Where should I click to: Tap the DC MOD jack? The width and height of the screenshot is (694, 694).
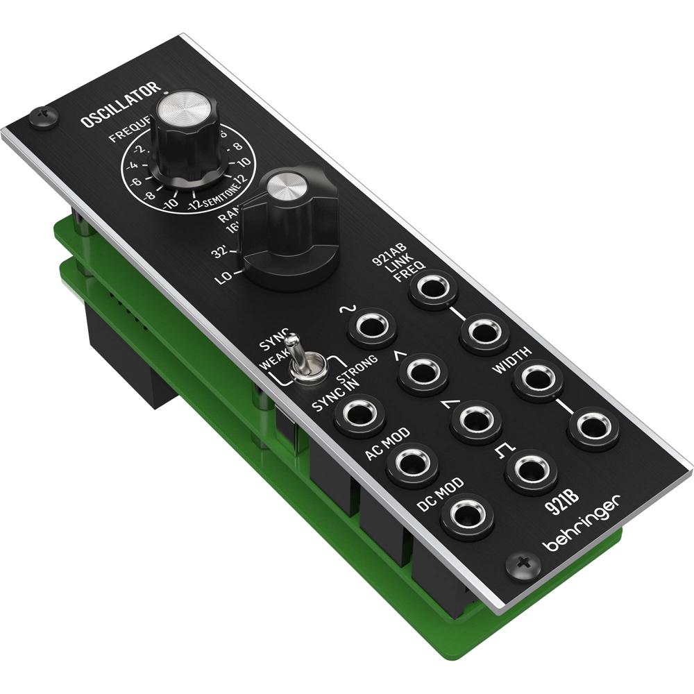469,515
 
